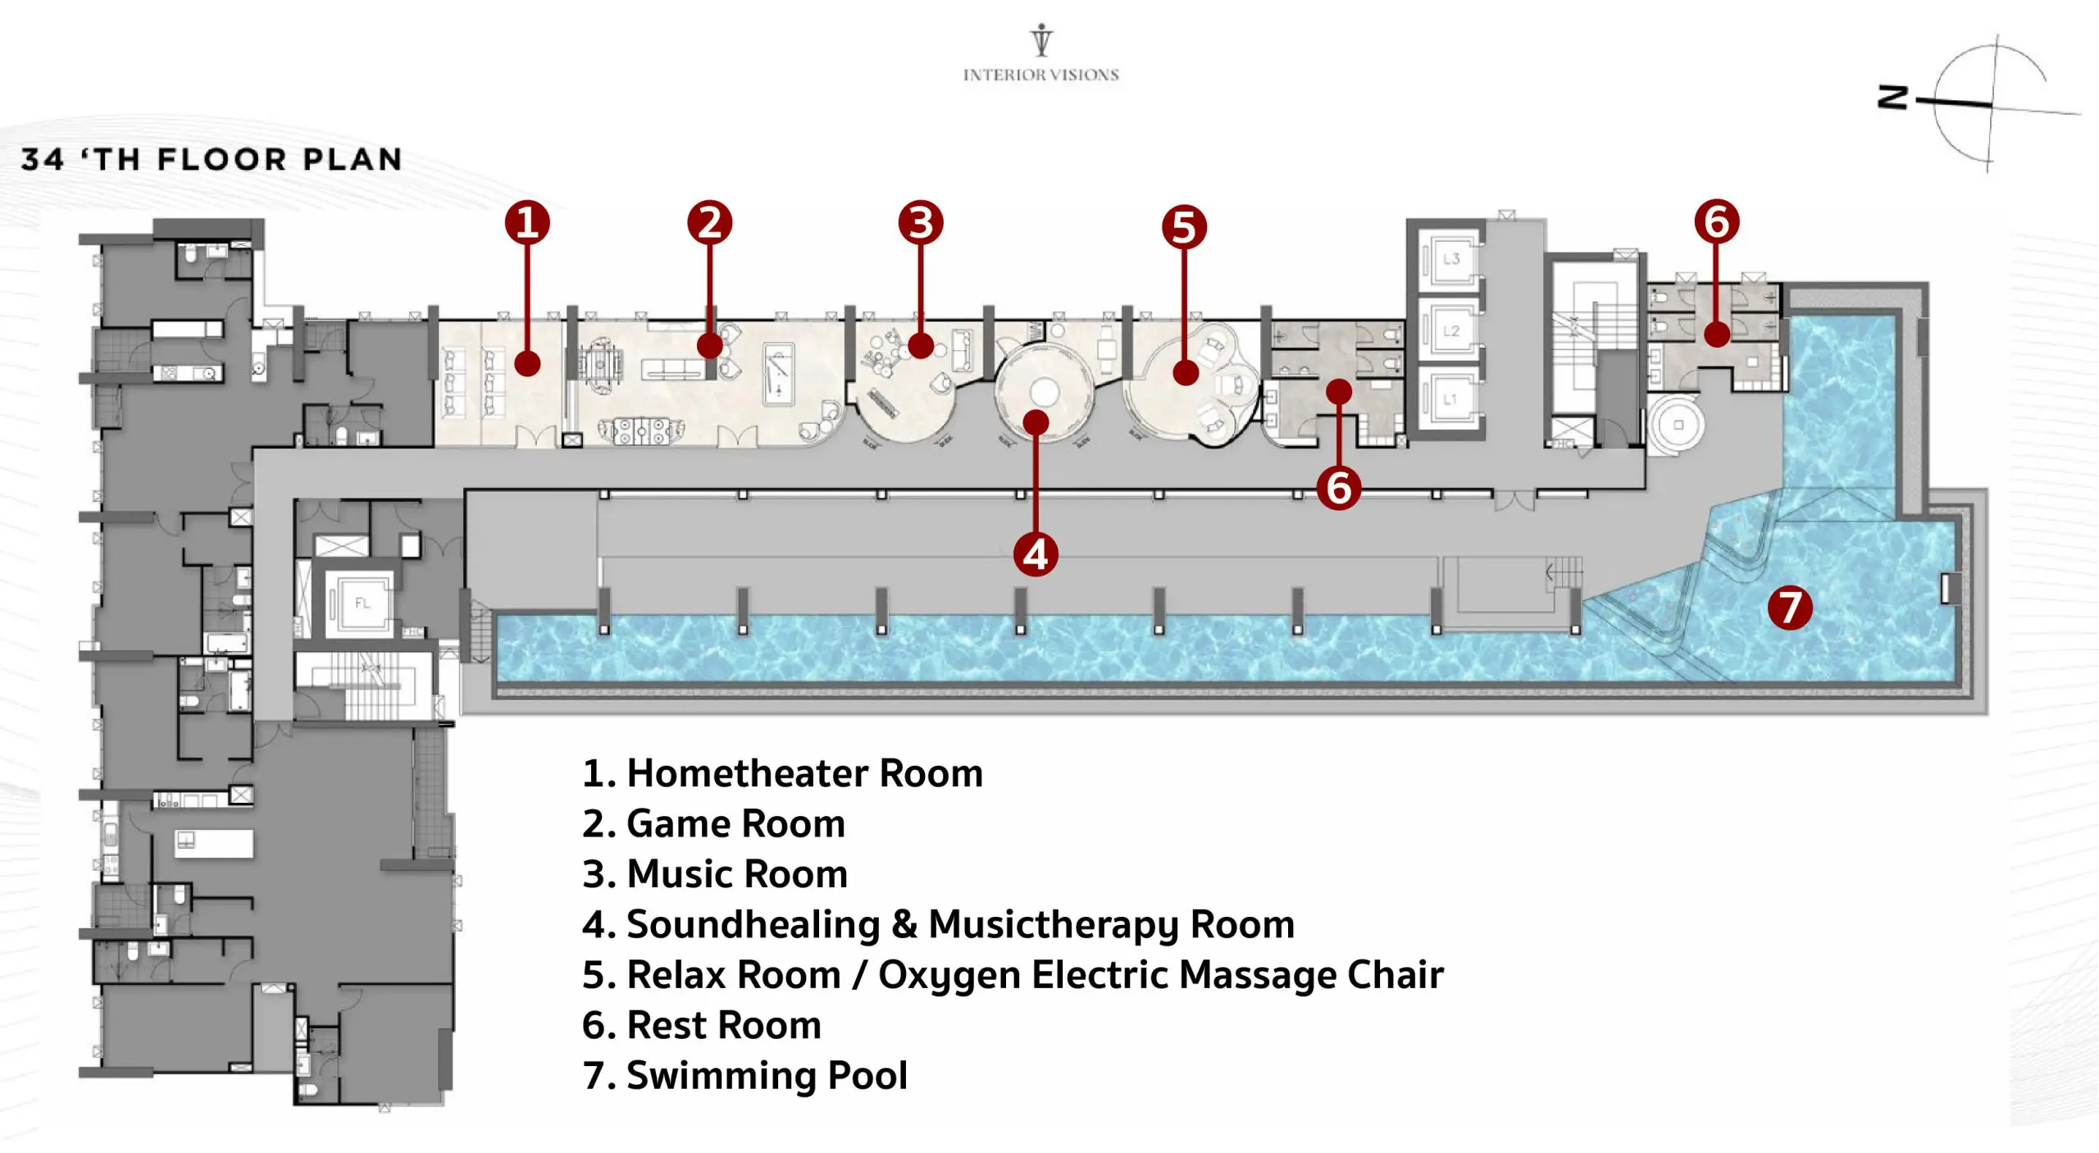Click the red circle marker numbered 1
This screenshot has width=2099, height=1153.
[526, 222]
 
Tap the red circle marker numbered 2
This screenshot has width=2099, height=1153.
[709, 222]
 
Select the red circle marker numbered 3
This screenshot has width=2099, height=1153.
[920, 222]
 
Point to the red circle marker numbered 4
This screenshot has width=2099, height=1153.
[1036, 554]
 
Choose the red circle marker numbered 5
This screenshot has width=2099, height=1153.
[1184, 227]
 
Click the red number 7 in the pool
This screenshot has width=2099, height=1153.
[1789, 608]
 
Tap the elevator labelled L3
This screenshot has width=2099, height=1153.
[1450, 259]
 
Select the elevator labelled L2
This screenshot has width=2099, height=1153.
[1450, 331]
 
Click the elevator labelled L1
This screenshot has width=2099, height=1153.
[1450, 399]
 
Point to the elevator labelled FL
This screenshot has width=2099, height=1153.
[362, 604]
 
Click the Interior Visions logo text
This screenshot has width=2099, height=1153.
[1040, 75]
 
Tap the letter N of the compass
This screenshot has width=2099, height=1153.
[1892, 97]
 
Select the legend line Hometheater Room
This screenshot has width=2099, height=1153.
[782, 773]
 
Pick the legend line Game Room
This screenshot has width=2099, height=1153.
[713, 823]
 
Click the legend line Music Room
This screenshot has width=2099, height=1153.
[714, 874]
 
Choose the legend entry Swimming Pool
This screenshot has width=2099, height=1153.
[744, 1075]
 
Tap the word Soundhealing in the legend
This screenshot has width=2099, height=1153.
[753, 924]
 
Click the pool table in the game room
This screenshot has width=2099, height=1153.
[778, 374]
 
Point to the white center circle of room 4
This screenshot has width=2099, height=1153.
[1043, 393]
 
